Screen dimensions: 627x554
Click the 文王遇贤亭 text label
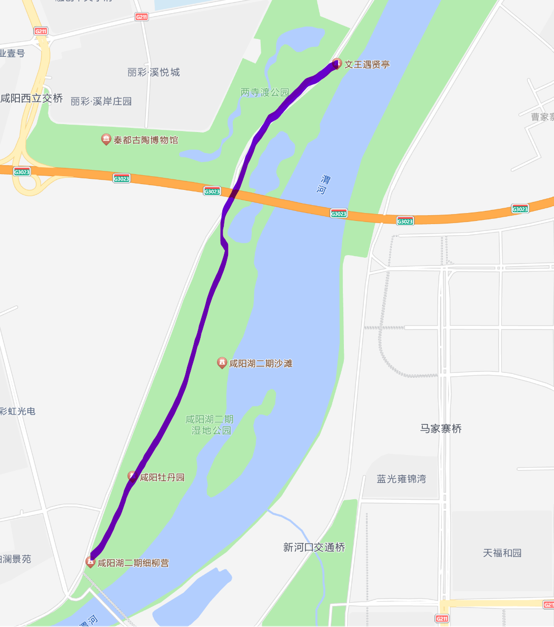pos(367,65)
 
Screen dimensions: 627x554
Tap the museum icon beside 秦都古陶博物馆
pos(106,139)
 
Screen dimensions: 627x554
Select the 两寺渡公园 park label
pos(265,93)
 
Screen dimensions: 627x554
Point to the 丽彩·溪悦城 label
pos(154,73)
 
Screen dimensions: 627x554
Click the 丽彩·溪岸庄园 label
pos(101,102)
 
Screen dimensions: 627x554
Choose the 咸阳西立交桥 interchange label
pos(32,98)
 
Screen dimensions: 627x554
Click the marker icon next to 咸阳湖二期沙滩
pos(222,363)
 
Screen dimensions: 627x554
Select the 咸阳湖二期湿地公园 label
pos(210,424)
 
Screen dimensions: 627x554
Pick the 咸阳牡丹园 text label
pos(162,478)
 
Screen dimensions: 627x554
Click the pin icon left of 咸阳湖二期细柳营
pos(91,562)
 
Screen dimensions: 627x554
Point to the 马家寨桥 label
pos(441,429)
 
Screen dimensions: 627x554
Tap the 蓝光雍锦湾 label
pos(401,479)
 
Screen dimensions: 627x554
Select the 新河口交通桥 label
pos(314,548)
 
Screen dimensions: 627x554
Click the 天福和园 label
pos(502,553)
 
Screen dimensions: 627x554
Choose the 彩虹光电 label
pos(18,411)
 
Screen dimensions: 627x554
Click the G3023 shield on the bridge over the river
pos(339,214)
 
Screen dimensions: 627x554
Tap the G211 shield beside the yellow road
pos(442,619)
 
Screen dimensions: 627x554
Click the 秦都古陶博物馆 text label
pos(146,140)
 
